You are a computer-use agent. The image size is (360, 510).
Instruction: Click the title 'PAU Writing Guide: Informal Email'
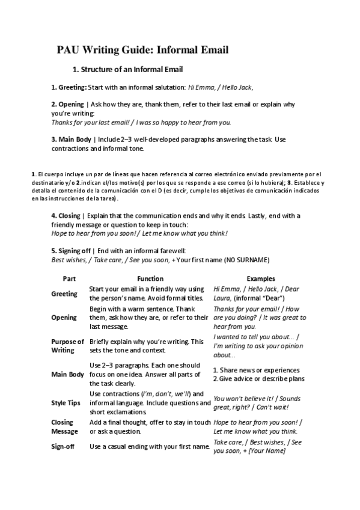(x=143, y=50)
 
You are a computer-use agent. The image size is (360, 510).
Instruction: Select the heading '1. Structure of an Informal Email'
(x=127, y=69)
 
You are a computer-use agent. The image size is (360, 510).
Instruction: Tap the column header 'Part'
(x=69, y=279)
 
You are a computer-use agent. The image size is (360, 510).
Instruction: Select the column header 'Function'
(x=150, y=279)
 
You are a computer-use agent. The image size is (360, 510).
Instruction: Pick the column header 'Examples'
(x=261, y=279)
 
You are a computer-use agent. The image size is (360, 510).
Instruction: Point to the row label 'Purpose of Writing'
(x=67, y=346)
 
